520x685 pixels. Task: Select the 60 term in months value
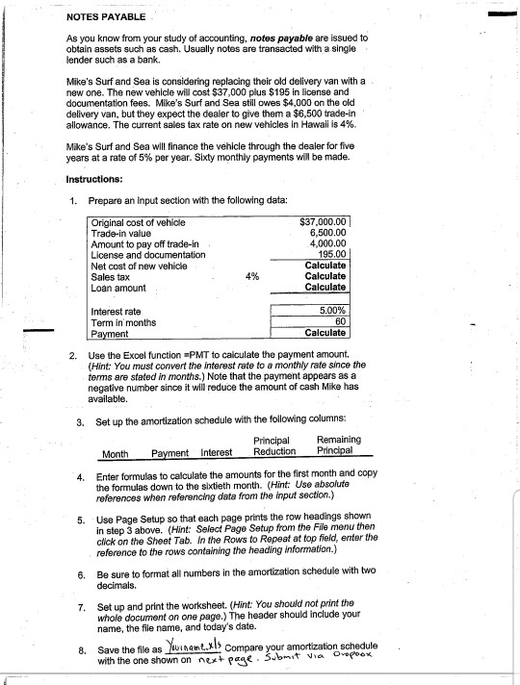pyautogui.click(x=339, y=322)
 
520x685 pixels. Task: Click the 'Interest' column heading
pyautogui.click(x=216, y=452)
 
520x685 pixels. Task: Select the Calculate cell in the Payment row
pyautogui.click(x=325, y=333)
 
